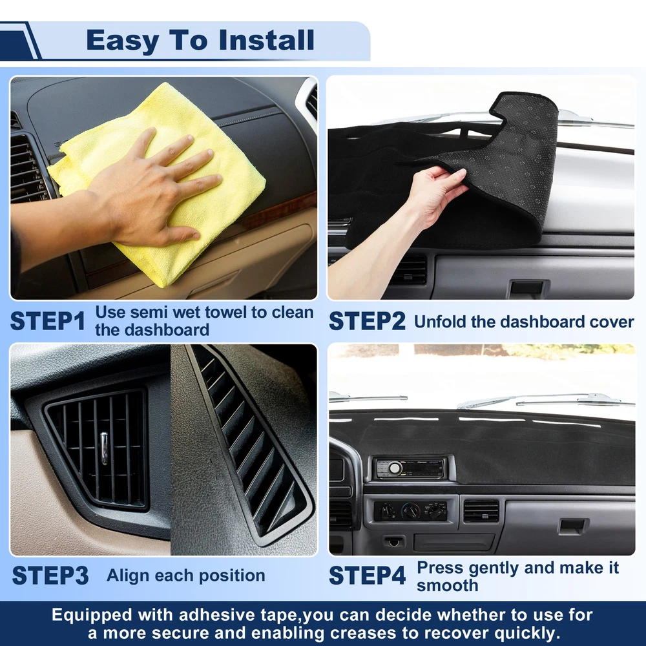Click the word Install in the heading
266,40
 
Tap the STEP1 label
48,321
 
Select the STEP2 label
367,321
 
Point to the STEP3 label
50,576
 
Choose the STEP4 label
367,576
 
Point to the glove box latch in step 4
572,526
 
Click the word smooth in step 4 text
448,585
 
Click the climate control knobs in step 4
411,511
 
